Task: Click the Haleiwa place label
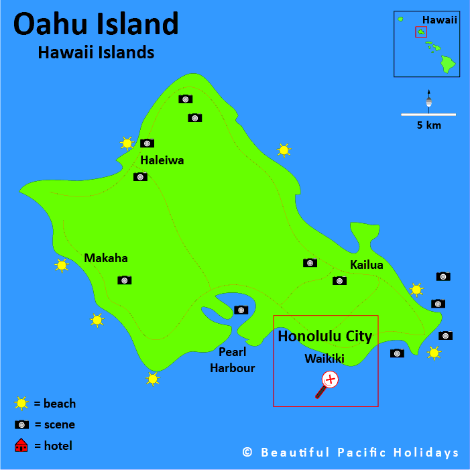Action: [162, 160]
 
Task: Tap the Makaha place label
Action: [105, 258]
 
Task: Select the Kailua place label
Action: [366, 265]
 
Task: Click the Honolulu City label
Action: [325, 336]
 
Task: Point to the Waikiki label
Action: [324, 359]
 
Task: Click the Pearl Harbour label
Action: [232, 360]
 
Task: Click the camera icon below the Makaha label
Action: [124, 280]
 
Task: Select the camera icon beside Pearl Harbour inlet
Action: [241, 310]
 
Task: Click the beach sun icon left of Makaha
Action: [62, 266]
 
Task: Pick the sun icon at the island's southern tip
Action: [153, 379]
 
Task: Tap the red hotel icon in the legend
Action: [21, 445]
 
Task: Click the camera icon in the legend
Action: [21, 424]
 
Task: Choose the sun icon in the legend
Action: [21, 404]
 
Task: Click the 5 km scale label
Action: [428, 125]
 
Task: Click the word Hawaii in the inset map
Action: [440, 20]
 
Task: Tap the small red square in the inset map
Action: [421, 32]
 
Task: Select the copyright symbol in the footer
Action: [247, 453]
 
